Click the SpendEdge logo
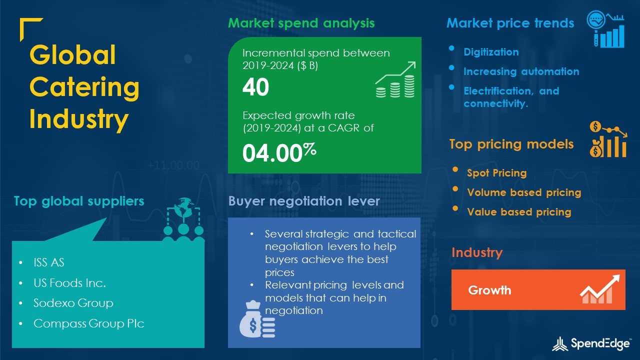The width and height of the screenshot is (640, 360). click(591, 344)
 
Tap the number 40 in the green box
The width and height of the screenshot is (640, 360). click(255, 87)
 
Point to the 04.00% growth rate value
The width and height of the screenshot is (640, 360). click(279, 153)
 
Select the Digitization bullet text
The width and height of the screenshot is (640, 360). click(491, 52)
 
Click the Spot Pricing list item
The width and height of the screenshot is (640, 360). click(497, 173)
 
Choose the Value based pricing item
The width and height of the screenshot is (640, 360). click(519, 212)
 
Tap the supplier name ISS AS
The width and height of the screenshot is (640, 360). click(49, 262)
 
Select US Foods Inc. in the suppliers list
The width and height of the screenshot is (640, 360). click(69, 283)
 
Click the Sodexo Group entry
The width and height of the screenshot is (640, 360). click(73, 303)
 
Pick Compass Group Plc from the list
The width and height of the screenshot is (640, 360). click(89, 323)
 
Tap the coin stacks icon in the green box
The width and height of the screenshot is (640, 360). click(395, 79)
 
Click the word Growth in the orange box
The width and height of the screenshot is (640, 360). click(489, 290)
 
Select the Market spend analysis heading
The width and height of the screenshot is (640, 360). click(301, 23)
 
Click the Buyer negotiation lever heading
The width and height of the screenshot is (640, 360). click(303, 201)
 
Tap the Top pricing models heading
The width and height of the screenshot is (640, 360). click(511, 144)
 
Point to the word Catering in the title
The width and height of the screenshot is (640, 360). click(84, 87)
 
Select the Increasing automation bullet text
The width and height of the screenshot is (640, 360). click(521, 71)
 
